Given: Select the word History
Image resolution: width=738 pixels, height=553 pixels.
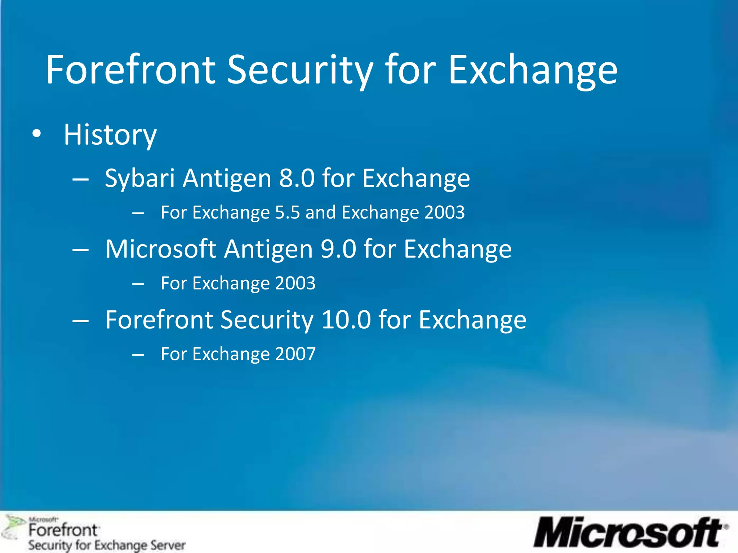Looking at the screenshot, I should point(110,135).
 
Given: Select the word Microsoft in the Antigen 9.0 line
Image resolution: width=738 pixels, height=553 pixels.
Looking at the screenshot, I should point(160,249).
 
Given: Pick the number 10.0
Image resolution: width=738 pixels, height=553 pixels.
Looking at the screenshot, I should point(346,320).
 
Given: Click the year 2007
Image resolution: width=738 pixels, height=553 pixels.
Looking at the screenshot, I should point(295,354).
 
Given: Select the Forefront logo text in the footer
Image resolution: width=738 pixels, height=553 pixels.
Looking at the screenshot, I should point(63,530).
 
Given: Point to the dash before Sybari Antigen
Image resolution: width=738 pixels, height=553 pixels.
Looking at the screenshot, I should point(80,179).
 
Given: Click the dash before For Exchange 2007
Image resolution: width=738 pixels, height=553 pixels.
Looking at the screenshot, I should point(138,355).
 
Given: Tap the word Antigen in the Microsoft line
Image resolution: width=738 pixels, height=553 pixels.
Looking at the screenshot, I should point(268,249).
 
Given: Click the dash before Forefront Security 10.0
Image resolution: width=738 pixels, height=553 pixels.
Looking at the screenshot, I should point(80,320).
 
